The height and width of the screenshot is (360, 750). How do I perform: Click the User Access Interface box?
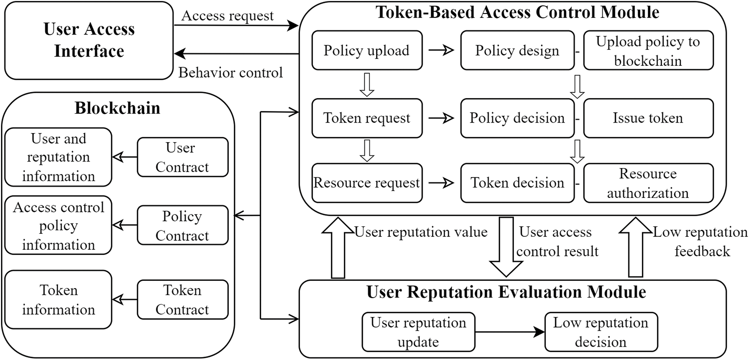pyautogui.click(x=89, y=40)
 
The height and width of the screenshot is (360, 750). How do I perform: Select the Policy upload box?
pyautogui.click(x=367, y=50)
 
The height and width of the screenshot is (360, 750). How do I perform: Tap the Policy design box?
pyautogui.click(x=517, y=50)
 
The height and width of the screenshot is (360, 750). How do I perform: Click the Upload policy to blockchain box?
pyautogui.click(x=648, y=50)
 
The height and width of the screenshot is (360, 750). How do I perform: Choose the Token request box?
pyautogui.click(x=367, y=118)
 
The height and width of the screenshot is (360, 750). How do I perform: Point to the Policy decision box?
pyautogui.click(x=517, y=118)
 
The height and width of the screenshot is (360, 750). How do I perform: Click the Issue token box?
pyautogui.click(x=648, y=118)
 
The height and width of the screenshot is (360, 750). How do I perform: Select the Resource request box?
pyautogui.click(x=367, y=183)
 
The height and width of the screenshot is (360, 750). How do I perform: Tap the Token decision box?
pyautogui.click(x=517, y=183)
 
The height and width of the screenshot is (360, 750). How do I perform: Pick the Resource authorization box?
pyautogui.click(x=648, y=183)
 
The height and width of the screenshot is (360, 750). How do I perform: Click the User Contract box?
pyautogui.click(x=182, y=157)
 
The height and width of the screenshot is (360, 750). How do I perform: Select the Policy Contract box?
pyautogui.click(x=182, y=226)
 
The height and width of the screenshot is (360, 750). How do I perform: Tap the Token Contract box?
pyautogui.click(x=182, y=299)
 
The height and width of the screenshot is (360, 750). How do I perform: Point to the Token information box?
pyautogui.click(x=58, y=299)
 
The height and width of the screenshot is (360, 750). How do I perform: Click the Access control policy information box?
pyautogui.click(x=58, y=226)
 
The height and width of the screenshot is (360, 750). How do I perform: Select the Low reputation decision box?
pyautogui.click(x=601, y=332)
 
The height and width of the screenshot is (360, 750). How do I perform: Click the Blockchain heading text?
pyautogui.click(x=118, y=108)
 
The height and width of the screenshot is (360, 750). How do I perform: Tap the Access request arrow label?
pyautogui.click(x=227, y=16)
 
